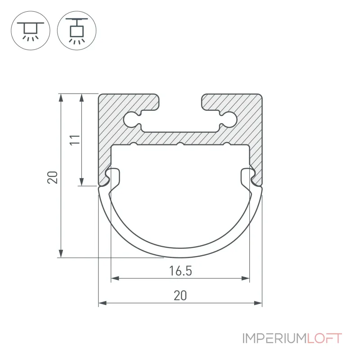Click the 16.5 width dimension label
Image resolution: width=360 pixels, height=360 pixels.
[180, 271]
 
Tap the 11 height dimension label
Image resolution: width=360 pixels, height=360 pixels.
[75, 140]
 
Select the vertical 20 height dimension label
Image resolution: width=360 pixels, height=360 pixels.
[52, 177]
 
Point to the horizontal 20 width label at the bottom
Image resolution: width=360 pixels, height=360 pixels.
[180, 296]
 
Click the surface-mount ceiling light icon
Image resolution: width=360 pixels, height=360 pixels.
[31, 31]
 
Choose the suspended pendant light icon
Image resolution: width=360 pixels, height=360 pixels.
[76, 31]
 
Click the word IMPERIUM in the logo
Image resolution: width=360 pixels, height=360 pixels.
[274, 338]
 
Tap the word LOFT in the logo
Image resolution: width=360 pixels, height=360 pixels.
[324, 338]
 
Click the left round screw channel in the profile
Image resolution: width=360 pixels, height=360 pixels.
[131, 119]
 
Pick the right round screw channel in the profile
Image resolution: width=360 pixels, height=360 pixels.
[229, 119]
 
